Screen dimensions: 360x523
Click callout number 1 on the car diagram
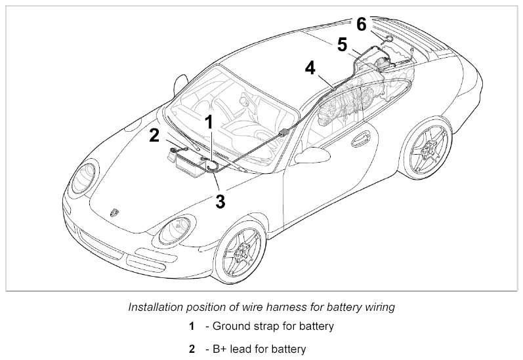(209, 122)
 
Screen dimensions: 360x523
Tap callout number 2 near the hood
(154, 136)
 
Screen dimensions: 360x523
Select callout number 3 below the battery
(220, 201)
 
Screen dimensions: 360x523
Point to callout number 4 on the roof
(310, 68)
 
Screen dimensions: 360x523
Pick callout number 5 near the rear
(342, 45)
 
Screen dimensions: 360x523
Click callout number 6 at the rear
(362, 25)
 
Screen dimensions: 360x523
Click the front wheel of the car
(240, 252)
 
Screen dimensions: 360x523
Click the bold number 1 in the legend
(192, 326)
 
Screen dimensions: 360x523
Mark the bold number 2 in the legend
(192, 349)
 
